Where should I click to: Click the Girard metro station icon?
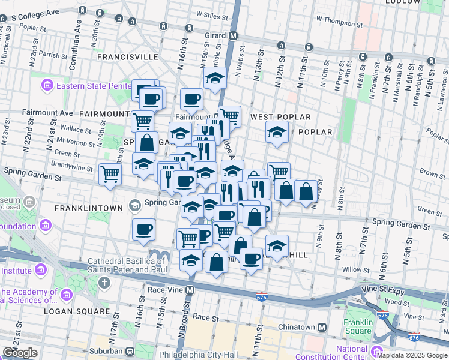pyautogui.click(x=233, y=36)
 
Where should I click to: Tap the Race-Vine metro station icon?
pyautogui.click(x=190, y=290)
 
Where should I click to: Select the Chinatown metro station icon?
pyautogui.click(x=322, y=328)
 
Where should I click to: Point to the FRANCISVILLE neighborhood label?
pyautogui.click(x=128, y=57)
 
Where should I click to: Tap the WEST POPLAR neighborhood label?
pyautogui.click(x=280, y=117)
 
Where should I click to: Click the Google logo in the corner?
pyautogui.click(x=20, y=353)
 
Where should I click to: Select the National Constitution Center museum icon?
pyautogui.click(x=377, y=350)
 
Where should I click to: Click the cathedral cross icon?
pyautogui.click(x=105, y=282)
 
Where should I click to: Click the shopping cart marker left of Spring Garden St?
pyautogui.click(x=110, y=174)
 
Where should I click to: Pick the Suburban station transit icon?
pyautogui.click(x=129, y=350)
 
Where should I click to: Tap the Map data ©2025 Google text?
pyautogui.click(x=412, y=355)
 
